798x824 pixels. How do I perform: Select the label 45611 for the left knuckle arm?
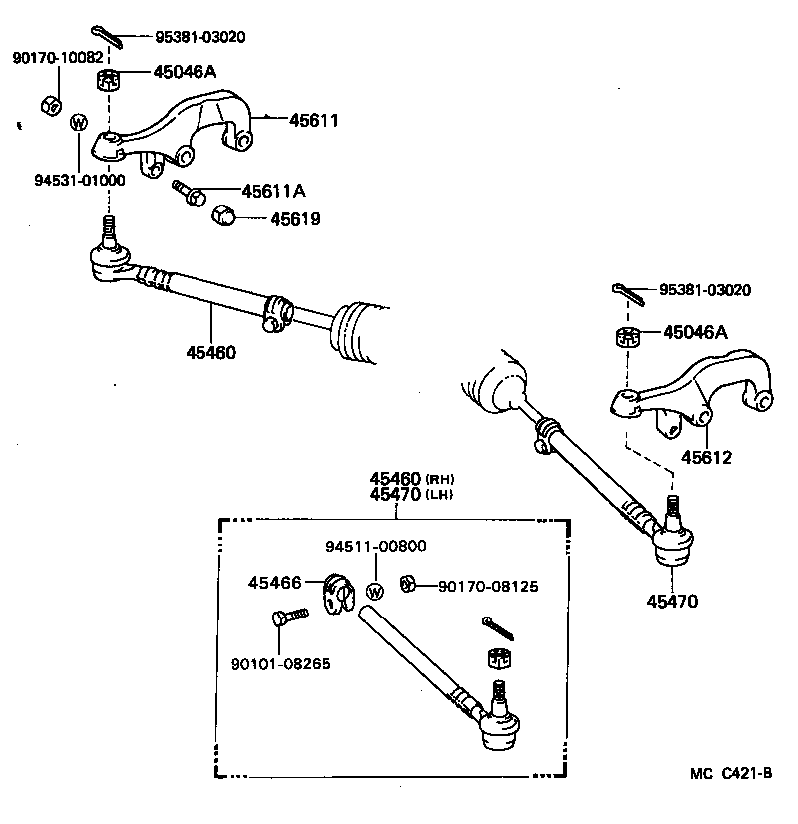point(314,121)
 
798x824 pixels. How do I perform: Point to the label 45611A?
point(273,191)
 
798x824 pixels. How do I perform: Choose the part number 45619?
point(295,218)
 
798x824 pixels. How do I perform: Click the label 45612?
point(706,458)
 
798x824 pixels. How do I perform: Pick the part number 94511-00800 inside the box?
point(375,546)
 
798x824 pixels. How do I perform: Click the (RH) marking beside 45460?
point(440,479)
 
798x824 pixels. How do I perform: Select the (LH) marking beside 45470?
point(440,495)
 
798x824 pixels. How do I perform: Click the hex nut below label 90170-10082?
point(50,104)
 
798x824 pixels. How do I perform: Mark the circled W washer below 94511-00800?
point(375,591)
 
